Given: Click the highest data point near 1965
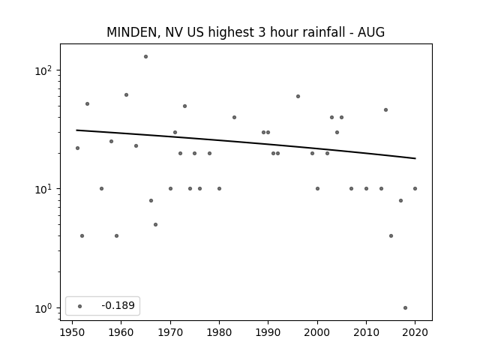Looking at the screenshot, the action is (145, 57).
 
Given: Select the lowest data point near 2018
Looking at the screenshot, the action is (405, 308).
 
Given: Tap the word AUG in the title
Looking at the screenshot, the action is (371, 32).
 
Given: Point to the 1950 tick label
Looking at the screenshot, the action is (72, 333).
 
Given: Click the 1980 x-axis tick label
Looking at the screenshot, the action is (219, 333).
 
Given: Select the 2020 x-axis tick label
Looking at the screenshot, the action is (415, 333).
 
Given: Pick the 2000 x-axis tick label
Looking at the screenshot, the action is (317, 333).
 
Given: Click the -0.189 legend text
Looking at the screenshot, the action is (118, 305).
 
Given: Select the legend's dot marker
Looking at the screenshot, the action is (80, 306).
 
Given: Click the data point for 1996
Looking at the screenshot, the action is (298, 97).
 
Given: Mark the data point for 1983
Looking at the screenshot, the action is (234, 117).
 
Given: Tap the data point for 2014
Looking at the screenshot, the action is (385, 110).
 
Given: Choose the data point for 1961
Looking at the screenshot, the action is (126, 95).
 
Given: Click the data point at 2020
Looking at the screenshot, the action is (415, 188).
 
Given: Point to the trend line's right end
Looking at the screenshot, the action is (415, 158).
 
